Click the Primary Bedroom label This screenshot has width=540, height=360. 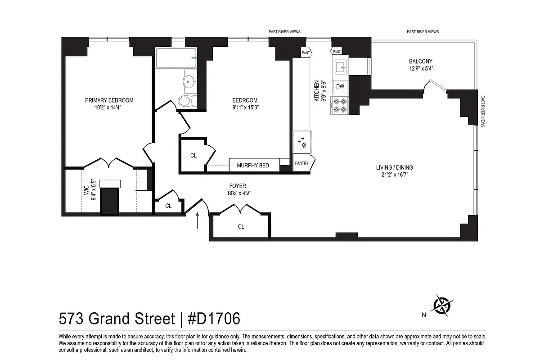coord(109,100)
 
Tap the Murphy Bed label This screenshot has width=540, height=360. coord(252,166)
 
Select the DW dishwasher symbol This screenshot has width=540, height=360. coord(340,86)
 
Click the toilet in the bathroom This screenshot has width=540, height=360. coord(187,101)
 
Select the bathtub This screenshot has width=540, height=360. coord(176,58)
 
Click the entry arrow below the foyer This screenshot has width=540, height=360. coord(198,221)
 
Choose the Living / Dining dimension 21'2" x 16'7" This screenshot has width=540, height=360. coord(395,175)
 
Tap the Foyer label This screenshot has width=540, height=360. coord(238,186)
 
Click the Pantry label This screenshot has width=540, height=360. coord(301,163)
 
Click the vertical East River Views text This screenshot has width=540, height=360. coord(482,111)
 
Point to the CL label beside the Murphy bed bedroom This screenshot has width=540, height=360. coord(193,156)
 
